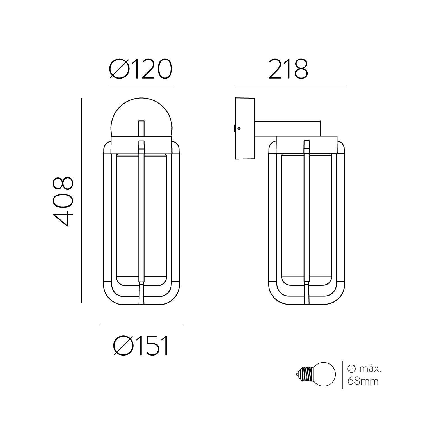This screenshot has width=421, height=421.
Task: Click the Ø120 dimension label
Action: tap(140, 69)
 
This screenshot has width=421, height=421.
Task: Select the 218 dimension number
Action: tap(288, 69)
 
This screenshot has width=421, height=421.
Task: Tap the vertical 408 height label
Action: tap(63, 201)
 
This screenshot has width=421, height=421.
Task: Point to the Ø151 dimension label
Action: tap(141, 346)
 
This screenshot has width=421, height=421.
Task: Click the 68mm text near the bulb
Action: tap(363, 381)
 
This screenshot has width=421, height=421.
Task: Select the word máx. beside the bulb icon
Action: tap(370, 369)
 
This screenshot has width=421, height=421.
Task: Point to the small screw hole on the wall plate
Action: tap(239, 129)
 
